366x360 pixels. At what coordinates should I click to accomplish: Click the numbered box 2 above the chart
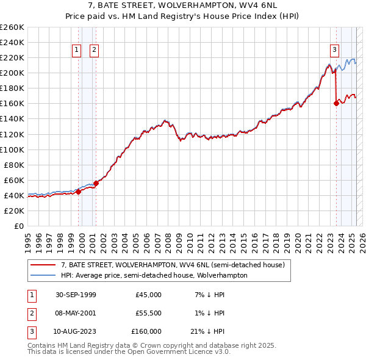pyautogui.click(x=95, y=51)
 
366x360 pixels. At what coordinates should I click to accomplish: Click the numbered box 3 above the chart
pyautogui.click(x=335, y=51)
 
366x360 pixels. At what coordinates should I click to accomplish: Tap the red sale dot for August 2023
pyautogui.click(x=336, y=104)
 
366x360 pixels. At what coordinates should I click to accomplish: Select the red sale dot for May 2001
pyautogui.click(x=96, y=183)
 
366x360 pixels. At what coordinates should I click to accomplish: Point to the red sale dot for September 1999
pyautogui.click(x=78, y=192)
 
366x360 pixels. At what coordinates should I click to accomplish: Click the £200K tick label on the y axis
pyautogui.click(x=12, y=73)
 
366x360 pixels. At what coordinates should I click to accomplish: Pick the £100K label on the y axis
pyautogui.click(x=12, y=149)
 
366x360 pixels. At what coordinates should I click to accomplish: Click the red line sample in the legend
pyautogui.click(x=43, y=265)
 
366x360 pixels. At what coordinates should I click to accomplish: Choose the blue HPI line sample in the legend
pyautogui.click(x=43, y=275)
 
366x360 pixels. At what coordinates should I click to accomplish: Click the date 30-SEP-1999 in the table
pyautogui.click(x=75, y=295)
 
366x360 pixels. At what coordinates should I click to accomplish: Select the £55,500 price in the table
pyautogui.click(x=148, y=313)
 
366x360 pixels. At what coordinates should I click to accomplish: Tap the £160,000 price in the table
pyautogui.click(x=146, y=331)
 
